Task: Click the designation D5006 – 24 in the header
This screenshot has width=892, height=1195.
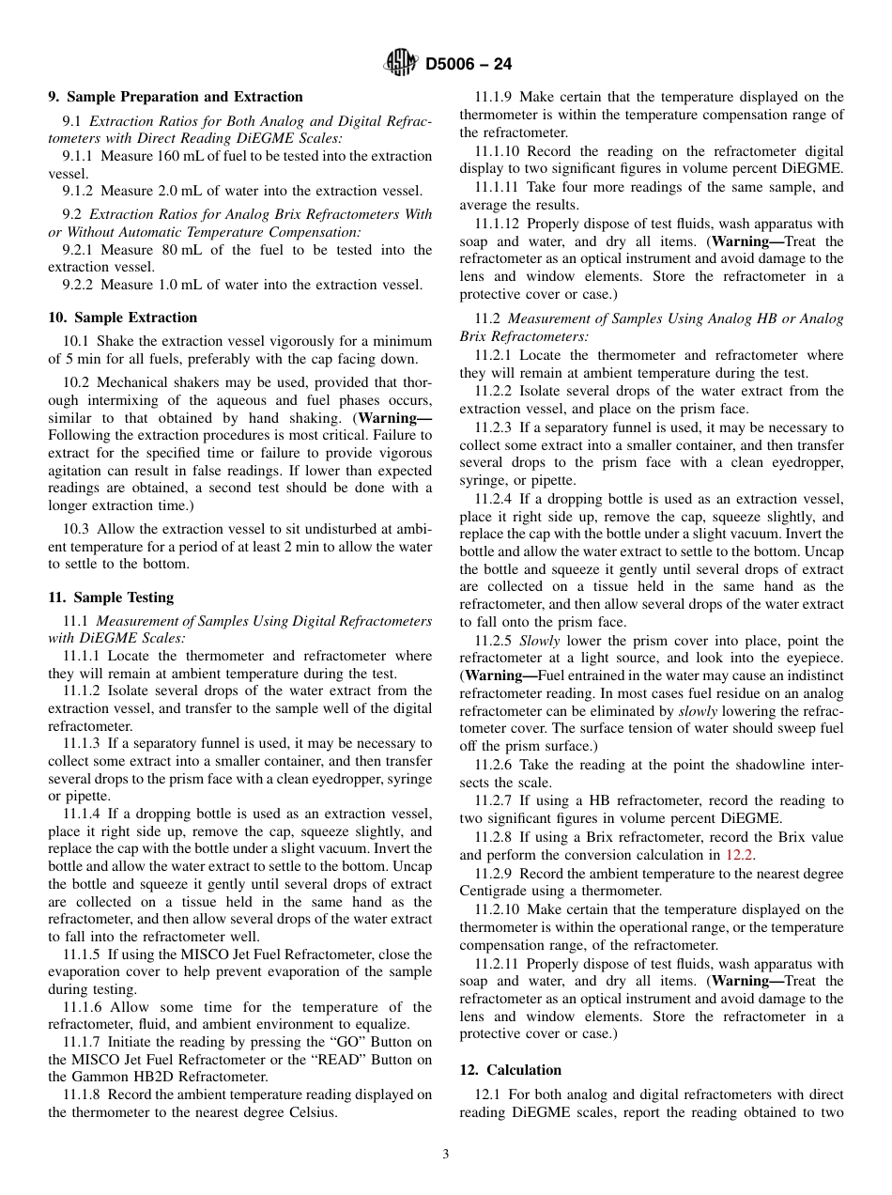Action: coord(469,65)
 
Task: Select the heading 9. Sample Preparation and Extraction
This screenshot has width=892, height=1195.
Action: coord(176,97)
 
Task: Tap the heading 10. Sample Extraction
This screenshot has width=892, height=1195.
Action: coord(122,318)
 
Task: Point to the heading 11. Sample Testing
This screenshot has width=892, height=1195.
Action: coord(111,597)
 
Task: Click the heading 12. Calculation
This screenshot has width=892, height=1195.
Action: coord(510,1070)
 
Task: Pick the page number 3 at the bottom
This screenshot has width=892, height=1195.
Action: coord(446,1155)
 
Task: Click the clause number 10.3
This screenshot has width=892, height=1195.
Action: coord(76,529)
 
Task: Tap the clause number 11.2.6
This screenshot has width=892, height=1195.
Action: coord(493,765)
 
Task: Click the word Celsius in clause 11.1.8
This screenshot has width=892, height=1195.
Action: coord(314,1112)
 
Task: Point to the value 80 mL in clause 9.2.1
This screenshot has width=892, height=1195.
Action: coord(168,250)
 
